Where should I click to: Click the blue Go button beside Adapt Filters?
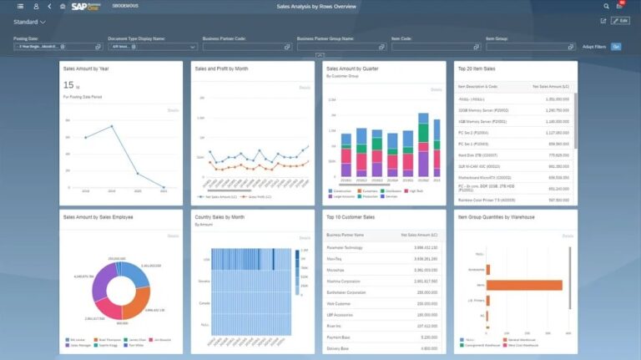pyautogui.click(x=616, y=47)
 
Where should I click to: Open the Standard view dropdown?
pyautogui.click(x=29, y=22)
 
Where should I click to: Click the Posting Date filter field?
pyautogui.click(x=46, y=47)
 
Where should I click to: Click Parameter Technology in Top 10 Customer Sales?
pyautogui.click(x=351, y=247)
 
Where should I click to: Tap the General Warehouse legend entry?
pyautogui.click(x=521, y=341)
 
